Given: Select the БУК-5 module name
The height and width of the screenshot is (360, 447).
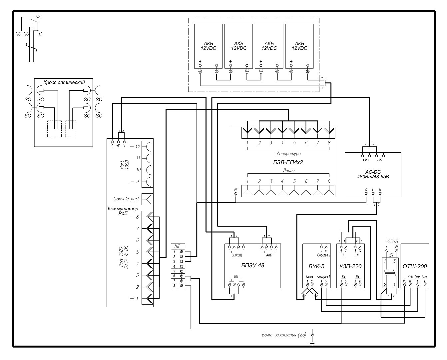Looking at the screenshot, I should (316, 266).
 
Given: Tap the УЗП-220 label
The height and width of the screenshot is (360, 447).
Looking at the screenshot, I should (350, 266).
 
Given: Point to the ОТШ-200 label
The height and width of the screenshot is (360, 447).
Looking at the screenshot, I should (415, 266).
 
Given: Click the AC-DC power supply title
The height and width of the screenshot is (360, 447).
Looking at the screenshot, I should (373, 174).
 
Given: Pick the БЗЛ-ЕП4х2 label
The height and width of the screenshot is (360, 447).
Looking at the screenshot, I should (288, 162).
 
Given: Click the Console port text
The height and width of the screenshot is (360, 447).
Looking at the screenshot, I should (126, 199).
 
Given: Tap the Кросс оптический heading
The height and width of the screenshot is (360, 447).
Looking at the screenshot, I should (64, 82).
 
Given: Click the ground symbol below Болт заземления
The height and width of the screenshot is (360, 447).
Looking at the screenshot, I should (312, 342).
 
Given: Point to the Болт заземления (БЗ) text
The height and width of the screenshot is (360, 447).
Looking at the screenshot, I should (283, 335).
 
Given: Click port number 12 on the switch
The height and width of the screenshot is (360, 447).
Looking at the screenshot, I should (138, 147).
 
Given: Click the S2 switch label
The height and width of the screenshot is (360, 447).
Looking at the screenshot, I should (38, 16).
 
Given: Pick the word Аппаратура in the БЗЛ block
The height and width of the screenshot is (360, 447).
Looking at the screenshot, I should (288, 154).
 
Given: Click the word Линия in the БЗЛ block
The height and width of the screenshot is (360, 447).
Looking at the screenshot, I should (288, 171).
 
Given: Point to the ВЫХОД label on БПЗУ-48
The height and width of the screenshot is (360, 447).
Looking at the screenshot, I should (236, 255).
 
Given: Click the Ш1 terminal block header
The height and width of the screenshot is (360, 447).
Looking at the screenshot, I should (177, 246).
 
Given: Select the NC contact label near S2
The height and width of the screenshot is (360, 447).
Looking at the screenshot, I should (18, 34).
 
